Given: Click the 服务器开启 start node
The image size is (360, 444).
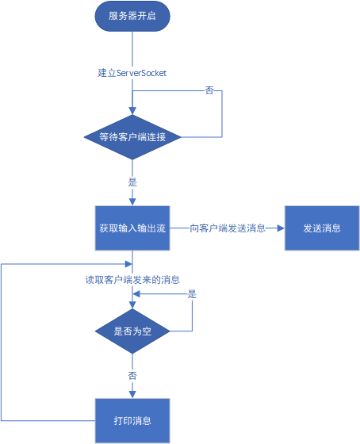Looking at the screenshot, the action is [x=132, y=16].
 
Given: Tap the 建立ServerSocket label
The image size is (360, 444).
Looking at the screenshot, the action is [x=132, y=73].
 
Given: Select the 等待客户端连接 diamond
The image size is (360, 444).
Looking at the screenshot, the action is [x=132, y=137].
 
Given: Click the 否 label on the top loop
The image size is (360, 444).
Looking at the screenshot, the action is [x=209, y=90].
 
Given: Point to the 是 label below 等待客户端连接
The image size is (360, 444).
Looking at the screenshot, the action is [x=132, y=182].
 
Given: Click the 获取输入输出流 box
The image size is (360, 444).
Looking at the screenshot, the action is [x=132, y=228].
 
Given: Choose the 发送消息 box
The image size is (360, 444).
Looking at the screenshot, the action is [x=322, y=228].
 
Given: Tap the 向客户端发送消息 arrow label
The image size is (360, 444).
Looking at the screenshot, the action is [x=228, y=228].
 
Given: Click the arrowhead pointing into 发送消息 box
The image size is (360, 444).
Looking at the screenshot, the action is [x=281, y=228].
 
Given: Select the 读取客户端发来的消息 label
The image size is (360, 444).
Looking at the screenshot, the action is [x=132, y=280].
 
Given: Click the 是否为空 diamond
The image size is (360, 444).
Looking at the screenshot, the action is [x=132, y=331].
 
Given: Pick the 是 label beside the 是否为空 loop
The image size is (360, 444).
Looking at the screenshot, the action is [x=192, y=294].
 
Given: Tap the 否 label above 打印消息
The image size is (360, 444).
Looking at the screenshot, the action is [x=132, y=376].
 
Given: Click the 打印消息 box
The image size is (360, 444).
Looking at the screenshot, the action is [x=132, y=421].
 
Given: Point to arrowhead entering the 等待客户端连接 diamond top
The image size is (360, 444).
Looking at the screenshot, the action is [x=132, y=111].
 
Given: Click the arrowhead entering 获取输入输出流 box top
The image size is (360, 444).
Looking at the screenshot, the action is [x=132, y=202].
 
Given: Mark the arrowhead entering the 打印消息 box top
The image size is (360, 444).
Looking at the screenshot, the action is [x=132, y=395].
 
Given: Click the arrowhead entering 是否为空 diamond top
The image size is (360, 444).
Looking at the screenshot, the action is [x=132, y=304].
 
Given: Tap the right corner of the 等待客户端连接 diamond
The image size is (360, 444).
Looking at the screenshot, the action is [x=181, y=137].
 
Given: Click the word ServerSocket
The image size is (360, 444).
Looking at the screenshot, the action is [x=141, y=73].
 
